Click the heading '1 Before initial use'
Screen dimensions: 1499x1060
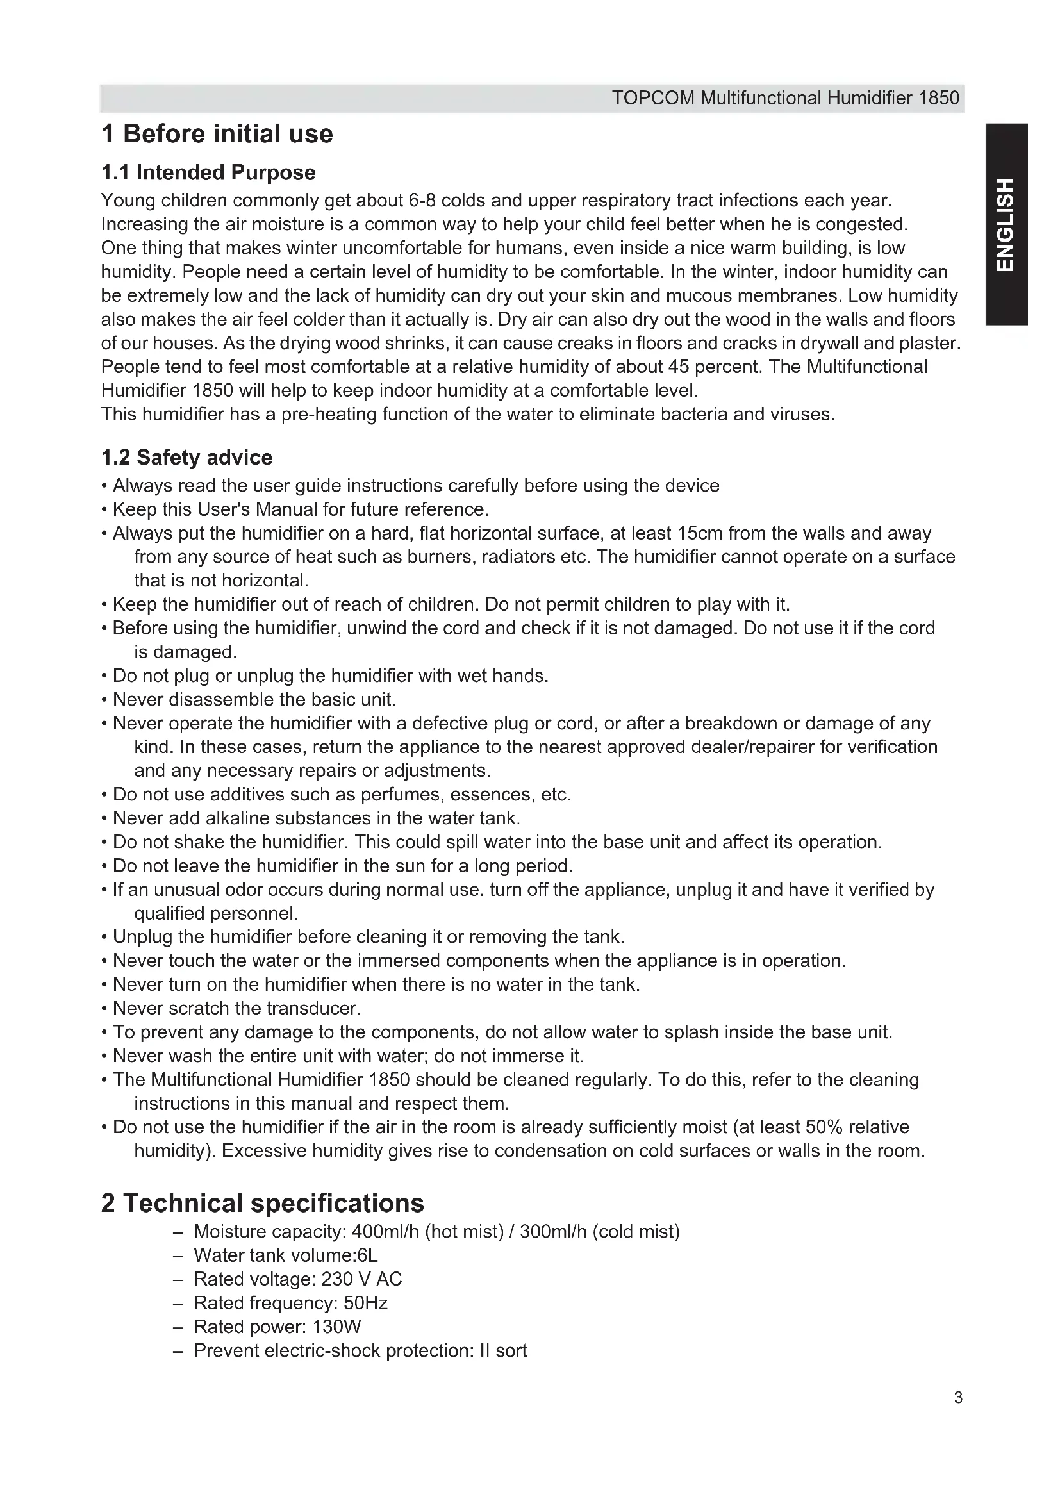pos(217,134)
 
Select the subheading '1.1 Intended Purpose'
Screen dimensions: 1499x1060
pos(208,172)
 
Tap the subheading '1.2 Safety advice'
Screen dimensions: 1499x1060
pos(186,458)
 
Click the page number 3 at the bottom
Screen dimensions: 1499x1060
pos(957,1398)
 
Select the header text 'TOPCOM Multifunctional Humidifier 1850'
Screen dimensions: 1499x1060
pos(785,99)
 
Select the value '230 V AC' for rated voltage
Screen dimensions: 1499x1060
pos(361,1279)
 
